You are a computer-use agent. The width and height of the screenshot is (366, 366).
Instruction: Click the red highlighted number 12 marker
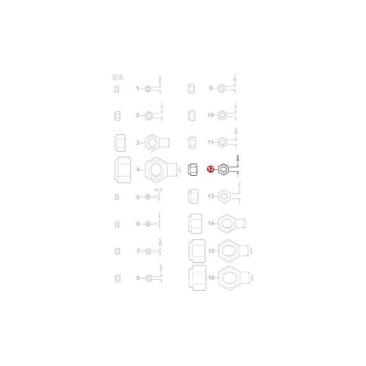coord(210,169)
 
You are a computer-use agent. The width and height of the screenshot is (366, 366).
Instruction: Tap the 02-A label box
coord(118,77)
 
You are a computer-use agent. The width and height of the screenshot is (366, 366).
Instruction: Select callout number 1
coord(138,89)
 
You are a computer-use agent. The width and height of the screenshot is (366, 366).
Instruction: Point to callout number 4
coord(138,169)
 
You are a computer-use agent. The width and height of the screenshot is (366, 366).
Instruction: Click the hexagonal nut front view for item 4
coord(153,170)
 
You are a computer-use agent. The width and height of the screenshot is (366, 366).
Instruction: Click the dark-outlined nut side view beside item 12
coord(192,169)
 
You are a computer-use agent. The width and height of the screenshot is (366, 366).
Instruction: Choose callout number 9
coord(211,88)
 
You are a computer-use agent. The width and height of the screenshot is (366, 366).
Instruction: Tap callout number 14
coord(211,223)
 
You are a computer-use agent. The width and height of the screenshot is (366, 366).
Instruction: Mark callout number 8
coord(138,278)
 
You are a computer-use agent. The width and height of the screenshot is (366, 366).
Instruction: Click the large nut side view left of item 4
coord(122,170)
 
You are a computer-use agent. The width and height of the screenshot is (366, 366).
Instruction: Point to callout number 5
coord(138,197)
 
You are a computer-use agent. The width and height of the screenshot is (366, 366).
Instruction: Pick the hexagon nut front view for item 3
coord(153,142)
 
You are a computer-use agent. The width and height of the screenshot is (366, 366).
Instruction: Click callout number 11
coord(211,142)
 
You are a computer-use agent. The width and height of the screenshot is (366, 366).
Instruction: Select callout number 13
coord(211,197)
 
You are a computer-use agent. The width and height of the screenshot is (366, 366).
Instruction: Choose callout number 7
coord(138,251)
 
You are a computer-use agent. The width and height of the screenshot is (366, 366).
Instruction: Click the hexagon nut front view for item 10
coord(222,115)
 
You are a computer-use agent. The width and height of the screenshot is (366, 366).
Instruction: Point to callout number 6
coord(138,224)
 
